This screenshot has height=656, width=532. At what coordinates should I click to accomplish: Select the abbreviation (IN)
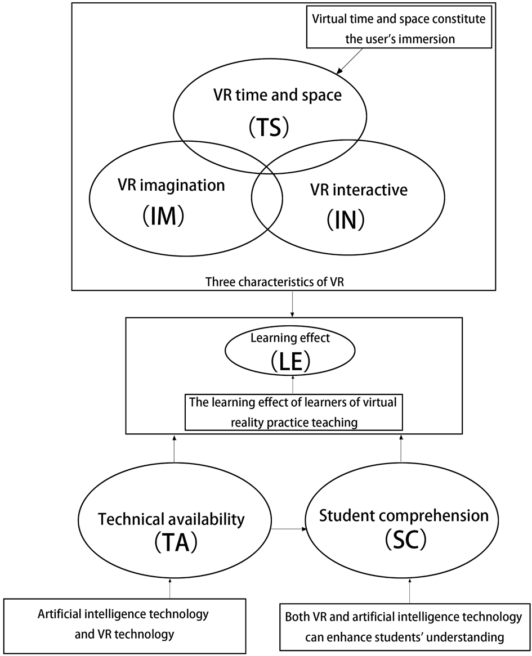pyautogui.click(x=346, y=220)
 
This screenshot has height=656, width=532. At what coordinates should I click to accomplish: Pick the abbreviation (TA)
pyautogui.click(x=172, y=544)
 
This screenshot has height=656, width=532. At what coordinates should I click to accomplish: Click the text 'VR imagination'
pyautogui.click(x=171, y=185)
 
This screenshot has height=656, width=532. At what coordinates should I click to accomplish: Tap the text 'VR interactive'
pyautogui.click(x=359, y=190)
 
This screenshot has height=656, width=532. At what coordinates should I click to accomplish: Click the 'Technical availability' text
pyautogui.click(x=172, y=519)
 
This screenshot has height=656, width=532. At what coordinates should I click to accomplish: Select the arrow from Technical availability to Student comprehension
pyautogui.click(x=288, y=529)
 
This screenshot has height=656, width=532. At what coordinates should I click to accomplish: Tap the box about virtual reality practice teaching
pyautogui.click(x=293, y=412)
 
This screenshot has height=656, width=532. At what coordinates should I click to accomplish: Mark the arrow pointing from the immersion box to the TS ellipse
pyautogui.click(x=351, y=61)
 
